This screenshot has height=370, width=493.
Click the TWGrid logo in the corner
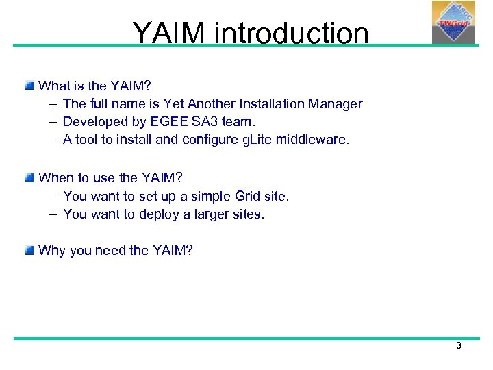[453, 23]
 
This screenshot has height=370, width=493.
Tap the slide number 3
[459, 346]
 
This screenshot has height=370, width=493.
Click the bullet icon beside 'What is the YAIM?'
[29, 86]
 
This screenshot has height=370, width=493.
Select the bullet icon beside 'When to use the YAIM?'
[29, 178]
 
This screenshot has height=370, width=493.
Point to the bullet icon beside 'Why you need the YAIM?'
[29, 251]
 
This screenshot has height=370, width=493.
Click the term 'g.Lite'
[251, 140]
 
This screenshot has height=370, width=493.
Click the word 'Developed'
[93, 122]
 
